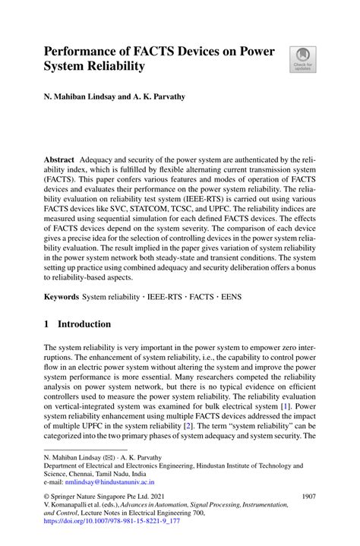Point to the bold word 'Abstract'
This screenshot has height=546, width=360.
[x=59, y=159]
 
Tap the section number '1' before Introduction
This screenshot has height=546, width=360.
[x=48, y=324]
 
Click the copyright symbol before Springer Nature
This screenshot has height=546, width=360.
[x=48, y=497]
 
